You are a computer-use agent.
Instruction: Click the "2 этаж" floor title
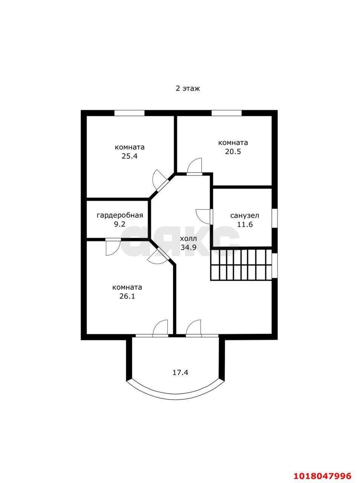pyautogui.click(x=188, y=89)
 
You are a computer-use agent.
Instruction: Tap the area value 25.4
pyautogui.click(x=129, y=156)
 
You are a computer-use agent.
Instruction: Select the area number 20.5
pyautogui.click(x=233, y=152)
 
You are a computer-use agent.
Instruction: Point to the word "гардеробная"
pyautogui.click(x=120, y=215)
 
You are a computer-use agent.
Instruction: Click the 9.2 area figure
pyautogui.click(x=119, y=225)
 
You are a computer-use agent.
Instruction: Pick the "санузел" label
pyautogui.click(x=245, y=215)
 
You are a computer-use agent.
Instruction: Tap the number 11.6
pyautogui.click(x=245, y=225)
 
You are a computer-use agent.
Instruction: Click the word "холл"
pyautogui.click(x=188, y=239)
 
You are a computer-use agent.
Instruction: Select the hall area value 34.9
pyautogui.click(x=188, y=248)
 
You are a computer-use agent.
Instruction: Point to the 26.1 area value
pyautogui.click(x=127, y=296)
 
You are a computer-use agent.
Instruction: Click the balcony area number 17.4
pyautogui.click(x=180, y=372)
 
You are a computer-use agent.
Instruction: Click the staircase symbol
pyautogui.click(x=241, y=265)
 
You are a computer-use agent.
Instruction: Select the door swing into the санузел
pyautogui.click(x=204, y=217)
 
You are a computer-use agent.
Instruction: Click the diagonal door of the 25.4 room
pyautogui.click(x=161, y=180)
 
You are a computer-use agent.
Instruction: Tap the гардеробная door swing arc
pyautogui.click(x=113, y=247)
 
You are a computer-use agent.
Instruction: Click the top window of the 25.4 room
pyautogui.click(x=129, y=113)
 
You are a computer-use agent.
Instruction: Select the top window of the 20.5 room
pyautogui.click(x=227, y=113)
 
